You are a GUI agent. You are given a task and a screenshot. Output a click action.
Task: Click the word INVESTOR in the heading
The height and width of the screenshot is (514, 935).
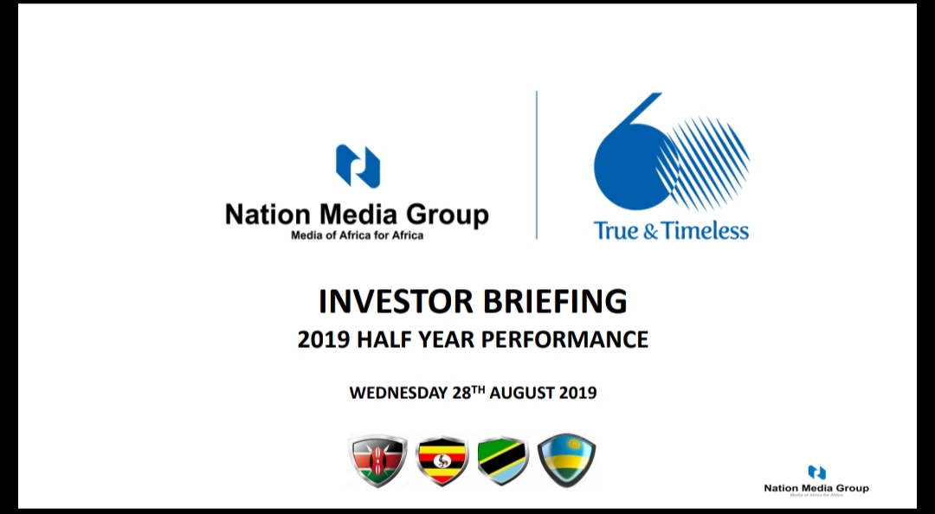tap(396, 301)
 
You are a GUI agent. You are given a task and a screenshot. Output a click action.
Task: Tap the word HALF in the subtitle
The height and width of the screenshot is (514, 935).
tap(380, 339)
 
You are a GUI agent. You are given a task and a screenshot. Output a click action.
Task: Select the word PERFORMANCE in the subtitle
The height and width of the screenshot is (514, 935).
tap(564, 339)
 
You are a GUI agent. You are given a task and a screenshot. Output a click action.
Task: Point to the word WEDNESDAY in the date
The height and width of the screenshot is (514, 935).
tap(398, 393)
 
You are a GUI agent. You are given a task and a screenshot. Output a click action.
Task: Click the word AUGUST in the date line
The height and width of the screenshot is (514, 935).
tap(521, 393)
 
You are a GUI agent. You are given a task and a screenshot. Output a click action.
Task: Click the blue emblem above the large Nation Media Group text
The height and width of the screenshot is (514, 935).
tap(358, 166)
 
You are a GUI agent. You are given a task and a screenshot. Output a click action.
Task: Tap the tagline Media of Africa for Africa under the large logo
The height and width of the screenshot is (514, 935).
tap(358, 235)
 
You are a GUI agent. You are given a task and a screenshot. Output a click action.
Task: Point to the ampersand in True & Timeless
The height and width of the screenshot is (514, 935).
tap(649, 231)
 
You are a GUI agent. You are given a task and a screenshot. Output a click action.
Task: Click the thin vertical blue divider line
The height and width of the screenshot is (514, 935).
tap(537, 165)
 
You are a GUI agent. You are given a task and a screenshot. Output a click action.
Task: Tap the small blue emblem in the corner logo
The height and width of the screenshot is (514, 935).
tap(816, 472)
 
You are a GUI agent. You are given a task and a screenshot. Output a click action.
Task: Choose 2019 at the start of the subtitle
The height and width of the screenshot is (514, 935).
tap(322, 339)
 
